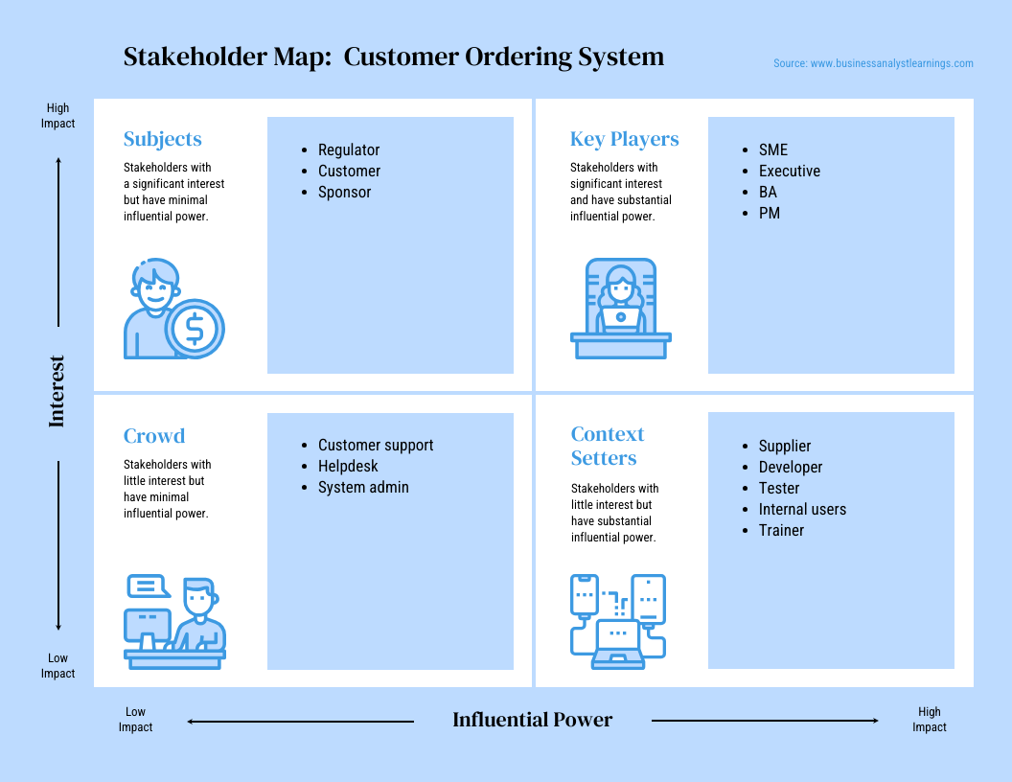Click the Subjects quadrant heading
coord(162,139)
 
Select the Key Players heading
coord(624,139)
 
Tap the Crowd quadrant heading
coord(153,436)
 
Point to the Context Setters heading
coord(607,447)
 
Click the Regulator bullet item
coord(349,150)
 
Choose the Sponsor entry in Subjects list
coord(344,193)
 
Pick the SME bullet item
coord(772,150)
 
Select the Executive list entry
coord(789,172)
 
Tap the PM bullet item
coord(769,214)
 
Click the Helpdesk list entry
coord(348,467)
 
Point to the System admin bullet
coord(363,488)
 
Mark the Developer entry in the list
coord(790,468)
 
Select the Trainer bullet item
coord(781,531)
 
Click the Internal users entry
coord(802,510)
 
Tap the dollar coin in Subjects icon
coord(195,329)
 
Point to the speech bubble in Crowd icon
coord(147,585)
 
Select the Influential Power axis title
coord(532,721)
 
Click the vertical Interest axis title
coord(57,391)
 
